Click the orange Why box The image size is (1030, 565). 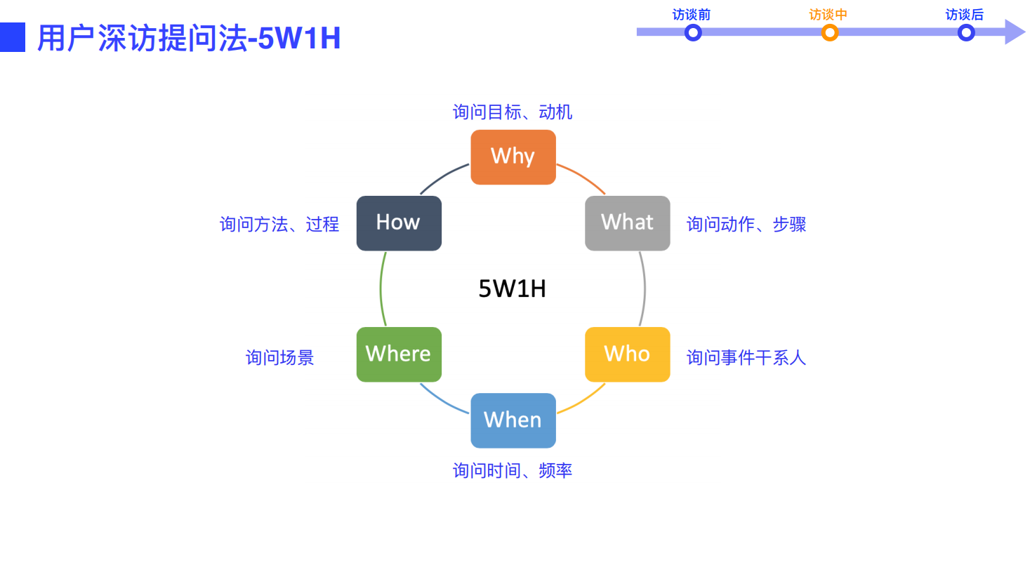513,157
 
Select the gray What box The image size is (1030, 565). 627,222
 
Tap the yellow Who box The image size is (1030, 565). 627,354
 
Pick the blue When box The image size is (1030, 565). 513,420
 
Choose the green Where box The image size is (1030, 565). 399,354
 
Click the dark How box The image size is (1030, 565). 399,222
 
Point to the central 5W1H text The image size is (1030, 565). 512,288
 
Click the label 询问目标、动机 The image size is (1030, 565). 513,112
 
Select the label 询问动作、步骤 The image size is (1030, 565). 746,225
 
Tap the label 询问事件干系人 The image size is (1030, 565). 746,357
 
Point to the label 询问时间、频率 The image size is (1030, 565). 513,470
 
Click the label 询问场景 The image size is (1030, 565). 279,357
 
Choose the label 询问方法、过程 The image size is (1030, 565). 279,225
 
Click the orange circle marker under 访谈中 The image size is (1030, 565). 830,32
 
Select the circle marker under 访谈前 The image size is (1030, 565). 693,32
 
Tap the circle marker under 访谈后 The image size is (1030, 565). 966,32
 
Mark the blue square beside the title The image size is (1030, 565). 12,37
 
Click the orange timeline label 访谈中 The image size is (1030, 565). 828,15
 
